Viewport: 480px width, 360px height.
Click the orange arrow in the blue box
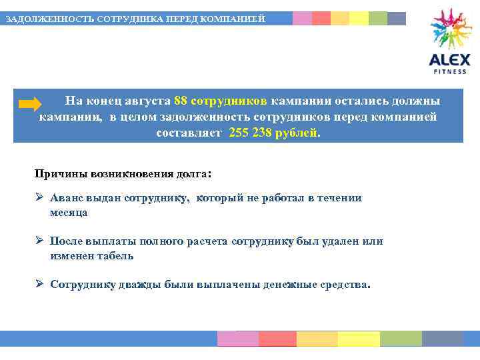[30, 104]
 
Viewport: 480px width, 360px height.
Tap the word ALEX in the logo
[449, 60]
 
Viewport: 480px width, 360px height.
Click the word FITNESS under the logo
[450, 71]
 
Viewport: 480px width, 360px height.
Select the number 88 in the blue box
[180, 101]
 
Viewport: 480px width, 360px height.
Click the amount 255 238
[250, 132]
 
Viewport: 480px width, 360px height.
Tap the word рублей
[297, 132]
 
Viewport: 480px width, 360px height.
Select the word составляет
[189, 132]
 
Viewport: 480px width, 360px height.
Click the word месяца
[68, 213]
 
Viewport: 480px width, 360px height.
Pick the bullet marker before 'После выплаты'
[39, 241]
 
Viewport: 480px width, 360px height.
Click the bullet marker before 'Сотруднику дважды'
[39, 283]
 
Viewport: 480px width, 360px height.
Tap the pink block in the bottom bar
[238, 339]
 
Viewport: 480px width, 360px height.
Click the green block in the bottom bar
[401, 339]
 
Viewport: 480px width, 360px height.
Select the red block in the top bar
[321, 18]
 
